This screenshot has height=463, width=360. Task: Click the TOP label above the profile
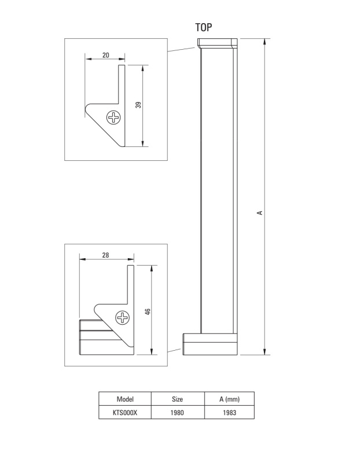coord(204,27)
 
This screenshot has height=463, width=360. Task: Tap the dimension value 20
coord(106,55)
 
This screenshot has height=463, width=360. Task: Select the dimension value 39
coord(138,105)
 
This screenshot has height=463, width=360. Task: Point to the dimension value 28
coord(105,255)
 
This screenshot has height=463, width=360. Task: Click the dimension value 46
coord(148,312)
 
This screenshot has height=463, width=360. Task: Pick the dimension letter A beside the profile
coord(260,212)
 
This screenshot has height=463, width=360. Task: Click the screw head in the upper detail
coord(113,117)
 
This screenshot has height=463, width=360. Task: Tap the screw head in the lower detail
coord(122,318)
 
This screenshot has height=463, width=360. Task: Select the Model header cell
coord(125,399)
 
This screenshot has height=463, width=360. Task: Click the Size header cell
coord(178,399)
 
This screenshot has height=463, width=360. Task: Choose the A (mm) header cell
coord(229,399)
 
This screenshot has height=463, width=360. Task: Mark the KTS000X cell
coord(125,413)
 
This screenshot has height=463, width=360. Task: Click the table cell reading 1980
coord(178,413)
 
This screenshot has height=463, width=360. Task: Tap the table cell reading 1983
coord(229,413)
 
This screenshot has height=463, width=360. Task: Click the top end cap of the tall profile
coord(218,43)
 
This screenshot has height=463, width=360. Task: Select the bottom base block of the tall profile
coord(210,344)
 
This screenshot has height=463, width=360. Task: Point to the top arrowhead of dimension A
coord(265,41)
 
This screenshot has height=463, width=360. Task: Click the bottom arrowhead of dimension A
coord(265,352)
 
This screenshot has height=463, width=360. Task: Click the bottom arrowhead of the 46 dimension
coord(152,351)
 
